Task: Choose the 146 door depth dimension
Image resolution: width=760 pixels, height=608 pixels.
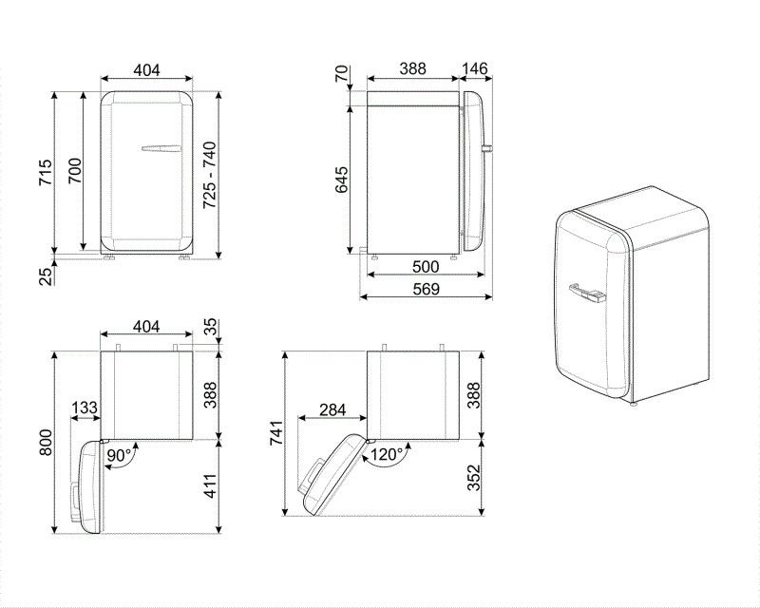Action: (x=474, y=68)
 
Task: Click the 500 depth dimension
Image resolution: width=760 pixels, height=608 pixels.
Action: (x=426, y=267)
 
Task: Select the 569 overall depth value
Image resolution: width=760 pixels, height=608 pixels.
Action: (x=426, y=289)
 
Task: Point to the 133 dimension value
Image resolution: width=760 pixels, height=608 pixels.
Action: (x=85, y=408)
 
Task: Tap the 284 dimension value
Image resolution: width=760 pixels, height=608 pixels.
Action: (x=332, y=409)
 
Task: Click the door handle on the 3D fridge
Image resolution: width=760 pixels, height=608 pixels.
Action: (x=587, y=292)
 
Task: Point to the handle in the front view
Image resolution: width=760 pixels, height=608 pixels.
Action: (x=160, y=148)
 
